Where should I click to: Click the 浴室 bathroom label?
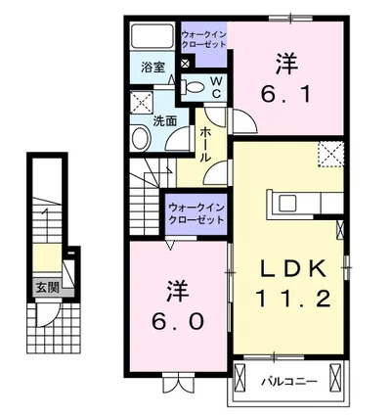[152, 68]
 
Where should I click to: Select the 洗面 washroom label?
[165, 121]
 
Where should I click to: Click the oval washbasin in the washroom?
[141, 138]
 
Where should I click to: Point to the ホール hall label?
[205, 145]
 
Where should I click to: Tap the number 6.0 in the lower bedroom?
[178, 322]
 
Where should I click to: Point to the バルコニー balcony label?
[289, 381]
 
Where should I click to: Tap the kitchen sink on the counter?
[285, 204]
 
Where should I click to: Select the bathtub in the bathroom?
[152, 36]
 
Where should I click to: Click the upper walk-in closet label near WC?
[203, 39]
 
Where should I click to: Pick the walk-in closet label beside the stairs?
[196, 213]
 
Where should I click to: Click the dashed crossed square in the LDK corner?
[330, 155]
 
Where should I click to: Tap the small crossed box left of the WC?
[185, 64]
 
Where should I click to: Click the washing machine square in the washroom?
[142, 103]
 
